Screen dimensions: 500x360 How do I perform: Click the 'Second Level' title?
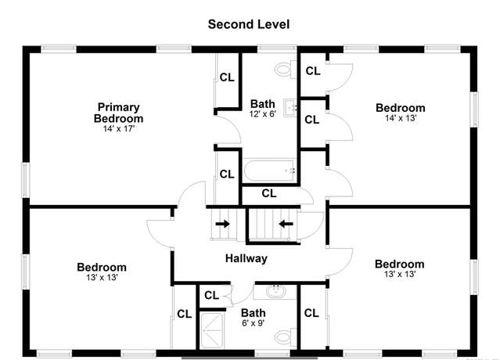pyautogui.click(x=249, y=24)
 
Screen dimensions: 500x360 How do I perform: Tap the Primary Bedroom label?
pyautogui.click(x=118, y=113)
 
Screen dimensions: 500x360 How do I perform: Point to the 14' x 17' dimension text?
pyautogui.click(x=119, y=129)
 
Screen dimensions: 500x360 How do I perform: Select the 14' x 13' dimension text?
pyautogui.click(x=401, y=118)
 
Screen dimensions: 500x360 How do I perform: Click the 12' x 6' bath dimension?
pyautogui.click(x=262, y=113)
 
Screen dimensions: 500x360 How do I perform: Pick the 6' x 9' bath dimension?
pyautogui.click(x=254, y=323)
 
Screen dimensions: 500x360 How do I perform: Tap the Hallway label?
pyautogui.click(x=246, y=258)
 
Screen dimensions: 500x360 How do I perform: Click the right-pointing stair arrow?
pyautogui.click(x=222, y=224)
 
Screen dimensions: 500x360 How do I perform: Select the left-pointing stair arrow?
pyautogui.click(x=286, y=224)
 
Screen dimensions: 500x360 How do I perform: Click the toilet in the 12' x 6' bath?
pyautogui.click(x=286, y=69)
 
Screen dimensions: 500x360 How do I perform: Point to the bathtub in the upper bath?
pyautogui.click(x=269, y=171)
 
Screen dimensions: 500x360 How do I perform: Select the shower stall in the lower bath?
pyautogui.click(x=212, y=331)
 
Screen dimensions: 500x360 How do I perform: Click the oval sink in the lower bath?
pyautogui.click(x=276, y=291)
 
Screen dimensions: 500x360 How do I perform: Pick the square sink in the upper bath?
pyautogui.click(x=290, y=108)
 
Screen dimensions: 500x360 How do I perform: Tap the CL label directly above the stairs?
pyautogui.click(x=269, y=193)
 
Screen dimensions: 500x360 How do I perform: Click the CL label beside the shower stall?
pyautogui.click(x=185, y=314)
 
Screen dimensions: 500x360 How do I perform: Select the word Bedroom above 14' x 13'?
pyautogui.click(x=401, y=108)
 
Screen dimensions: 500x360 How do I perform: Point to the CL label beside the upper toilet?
pyautogui.click(x=313, y=70)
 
